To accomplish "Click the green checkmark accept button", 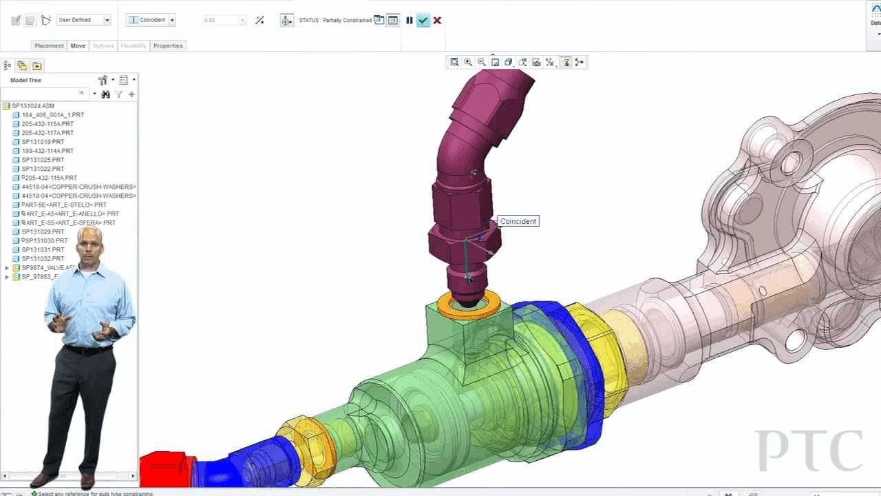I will point(423,21).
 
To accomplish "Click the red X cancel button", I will point(437,21).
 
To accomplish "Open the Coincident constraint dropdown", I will point(172,20).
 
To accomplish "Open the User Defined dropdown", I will point(107,20).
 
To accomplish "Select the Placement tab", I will point(50,45).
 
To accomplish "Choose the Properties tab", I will point(168,45).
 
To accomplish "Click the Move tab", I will point(78,45).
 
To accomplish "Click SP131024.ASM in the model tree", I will point(33,106).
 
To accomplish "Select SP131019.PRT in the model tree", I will point(43,142).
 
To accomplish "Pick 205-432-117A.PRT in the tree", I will point(47,133).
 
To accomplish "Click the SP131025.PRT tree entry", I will point(43,160).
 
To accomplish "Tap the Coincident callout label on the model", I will point(518,221).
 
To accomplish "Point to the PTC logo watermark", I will point(809,451).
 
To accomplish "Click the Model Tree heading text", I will point(25,81).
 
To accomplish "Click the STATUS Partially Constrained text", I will point(335,21).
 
